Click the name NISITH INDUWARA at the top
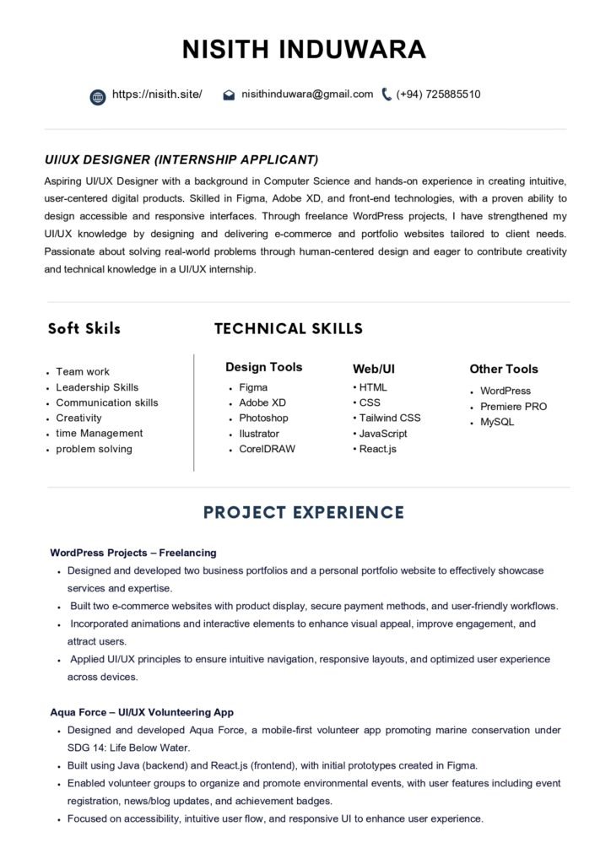305,49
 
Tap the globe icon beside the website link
98,95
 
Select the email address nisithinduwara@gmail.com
307,94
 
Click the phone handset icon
387,94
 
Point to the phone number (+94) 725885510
438,94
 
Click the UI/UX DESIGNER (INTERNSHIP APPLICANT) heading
181,159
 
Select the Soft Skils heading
84,328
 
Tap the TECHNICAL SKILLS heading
289,328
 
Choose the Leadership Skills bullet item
97,387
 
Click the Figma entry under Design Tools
253,387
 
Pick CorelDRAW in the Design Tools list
267,449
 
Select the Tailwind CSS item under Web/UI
390,418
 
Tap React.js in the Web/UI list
377,449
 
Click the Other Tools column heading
503,369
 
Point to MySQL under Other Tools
497,422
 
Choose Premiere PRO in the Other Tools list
513,406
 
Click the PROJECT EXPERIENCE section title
304,512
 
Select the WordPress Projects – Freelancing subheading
133,553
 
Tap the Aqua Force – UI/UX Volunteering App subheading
142,712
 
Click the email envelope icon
229,95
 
